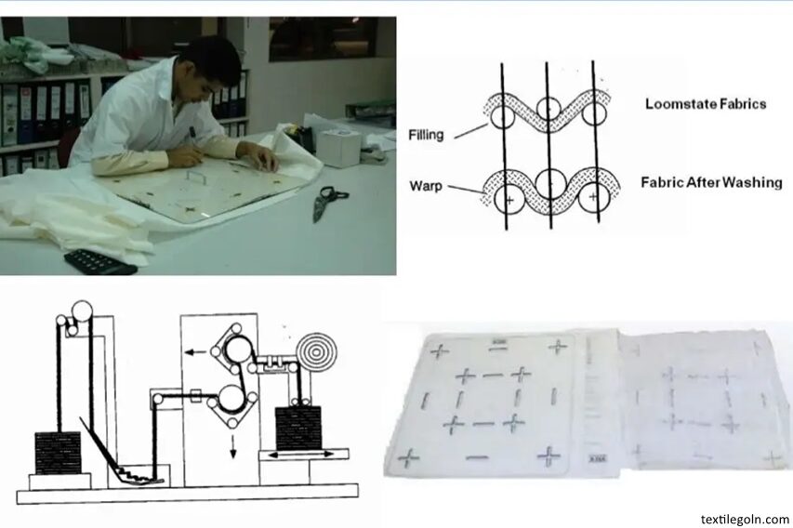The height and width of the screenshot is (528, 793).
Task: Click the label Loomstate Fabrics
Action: (706, 104)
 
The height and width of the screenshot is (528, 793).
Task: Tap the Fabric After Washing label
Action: (711, 182)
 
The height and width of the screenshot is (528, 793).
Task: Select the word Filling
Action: (426, 135)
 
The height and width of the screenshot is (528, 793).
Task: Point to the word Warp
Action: (426, 186)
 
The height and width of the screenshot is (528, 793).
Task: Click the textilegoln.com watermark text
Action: (745, 519)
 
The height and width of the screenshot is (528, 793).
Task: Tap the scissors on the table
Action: (328, 202)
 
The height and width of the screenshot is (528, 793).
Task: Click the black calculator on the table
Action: (100, 261)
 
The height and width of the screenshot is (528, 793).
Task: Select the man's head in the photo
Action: (212, 66)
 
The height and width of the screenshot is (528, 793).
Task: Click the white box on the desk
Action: (337, 147)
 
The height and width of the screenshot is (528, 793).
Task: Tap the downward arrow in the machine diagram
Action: (233, 445)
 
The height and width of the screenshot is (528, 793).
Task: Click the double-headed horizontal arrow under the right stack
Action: (300, 455)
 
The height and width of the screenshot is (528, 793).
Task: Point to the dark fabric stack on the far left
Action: (57, 453)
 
